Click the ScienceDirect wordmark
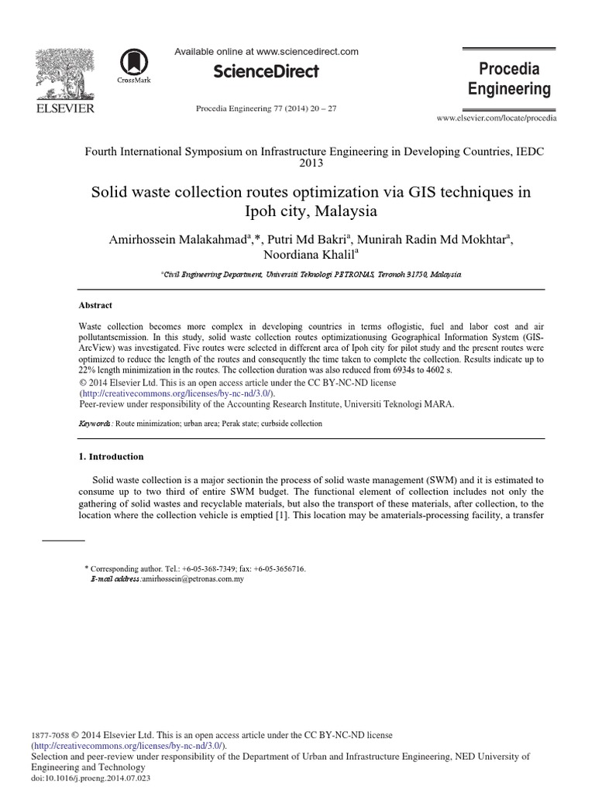[266, 71]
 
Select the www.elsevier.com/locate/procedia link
[497, 118]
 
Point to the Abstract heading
[96, 305]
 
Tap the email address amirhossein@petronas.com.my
[194, 578]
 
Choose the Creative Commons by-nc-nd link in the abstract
[177, 393]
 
